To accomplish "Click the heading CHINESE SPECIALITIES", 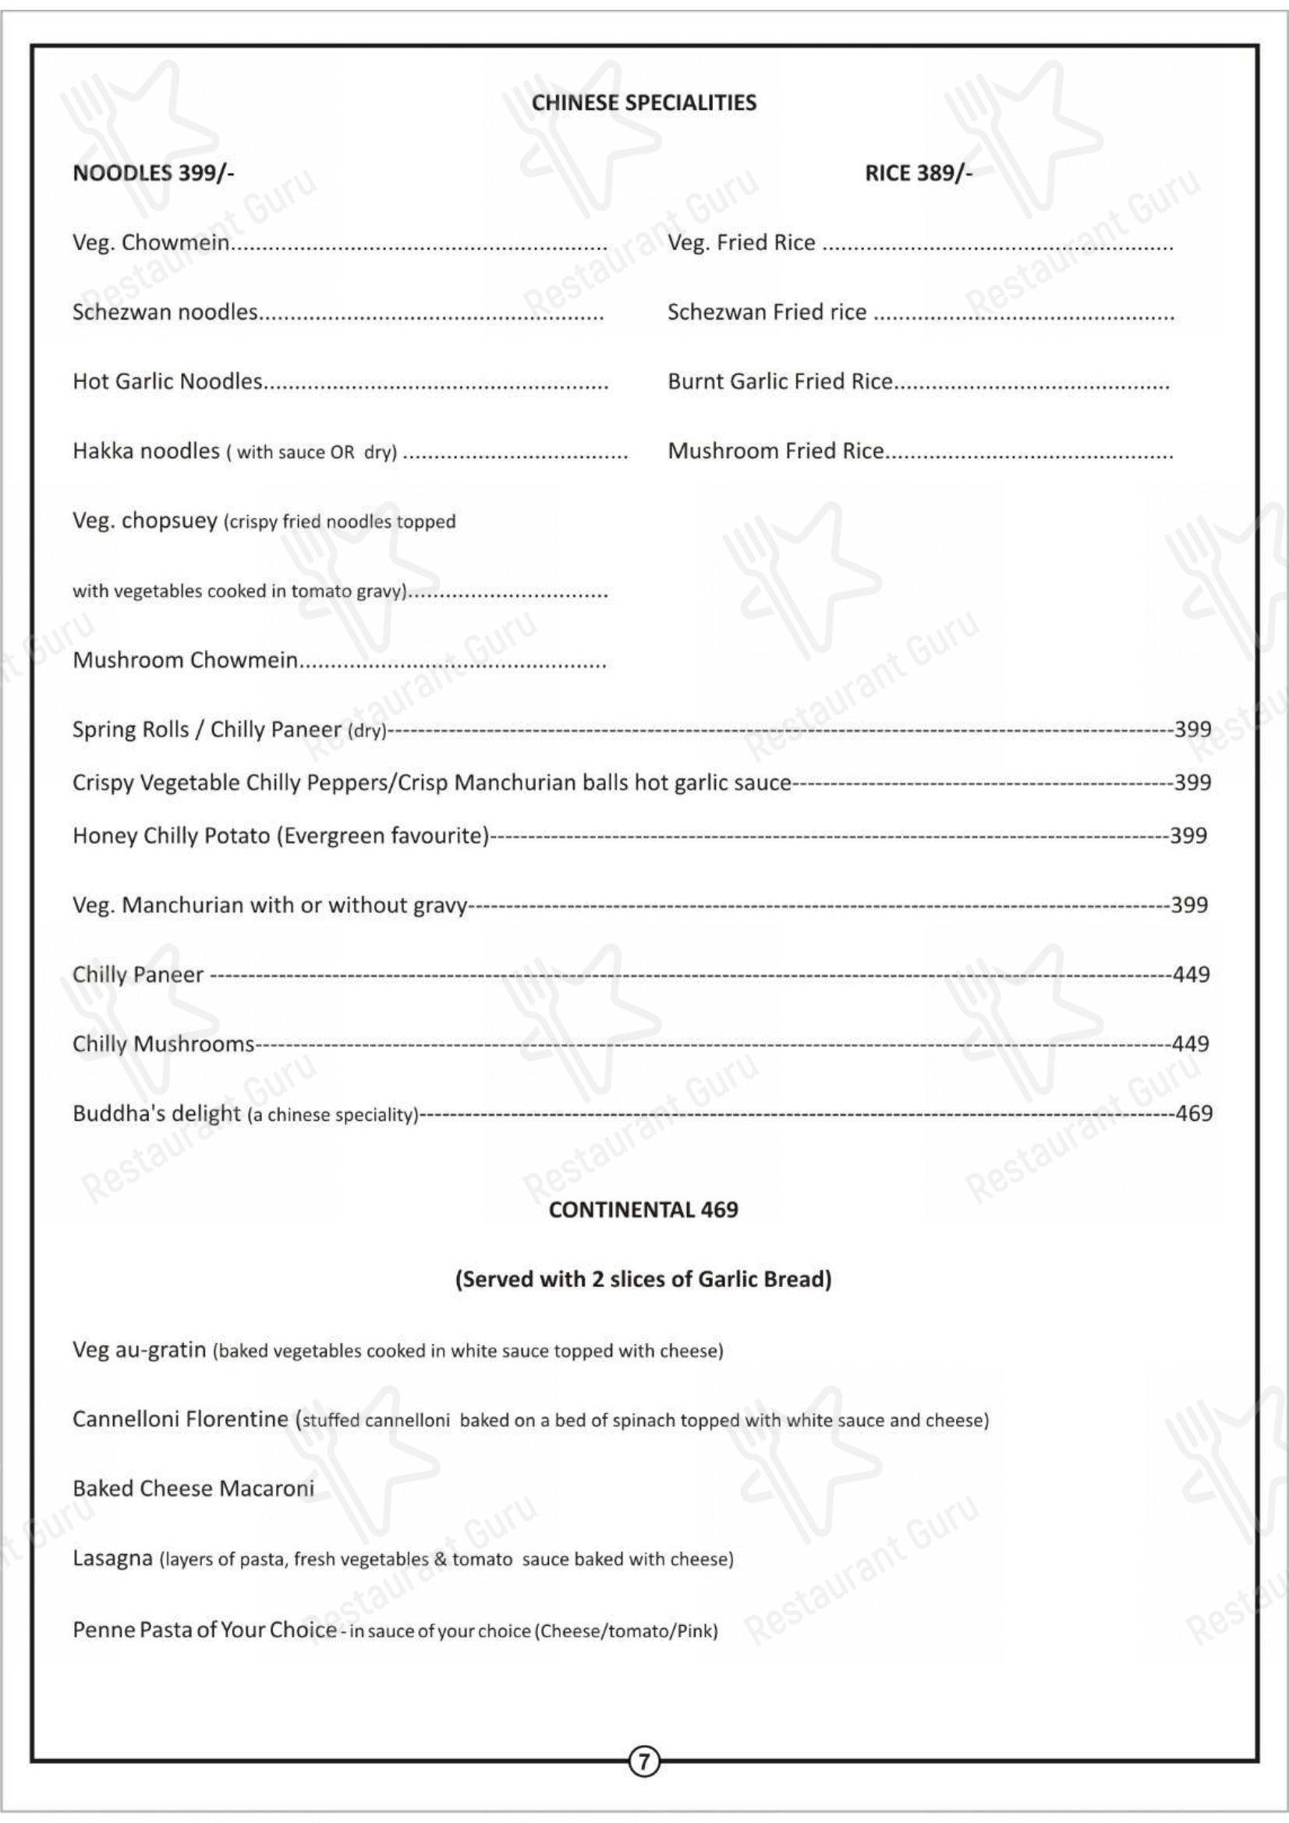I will [643, 103].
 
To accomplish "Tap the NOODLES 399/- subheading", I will [154, 173].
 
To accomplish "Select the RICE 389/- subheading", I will [918, 173].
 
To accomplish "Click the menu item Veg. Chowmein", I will [151, 243].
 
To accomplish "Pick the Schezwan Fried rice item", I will [767, 312].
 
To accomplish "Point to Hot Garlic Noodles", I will [167, 382].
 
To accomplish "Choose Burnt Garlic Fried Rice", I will [780, 382].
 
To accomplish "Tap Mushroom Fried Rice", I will [775, 451].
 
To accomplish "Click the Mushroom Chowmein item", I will [185, 661].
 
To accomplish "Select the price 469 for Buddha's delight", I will [1194, 1113].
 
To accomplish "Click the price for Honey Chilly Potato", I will [1188, 836].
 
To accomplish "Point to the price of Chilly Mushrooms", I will [1191, 1044].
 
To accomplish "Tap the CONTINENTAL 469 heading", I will [643, 1210].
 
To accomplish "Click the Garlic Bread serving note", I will [643, 1279].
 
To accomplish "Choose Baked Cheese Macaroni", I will [193, 1489].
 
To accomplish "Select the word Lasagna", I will [112, 1559].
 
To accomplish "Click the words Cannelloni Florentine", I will [180, 1418].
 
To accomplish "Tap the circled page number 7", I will [644, 1762].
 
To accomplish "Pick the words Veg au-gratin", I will [139, 1350].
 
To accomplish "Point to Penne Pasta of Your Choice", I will [204, 1630].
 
